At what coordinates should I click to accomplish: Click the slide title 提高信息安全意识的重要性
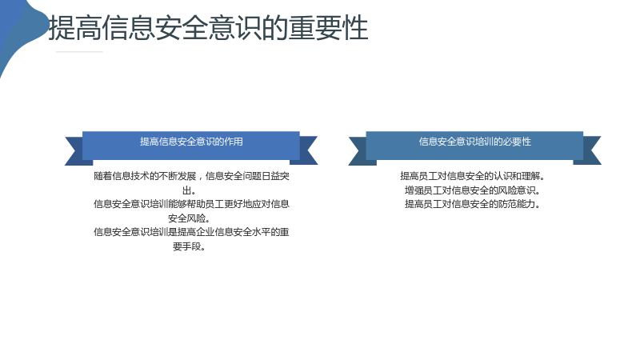coord(208,28)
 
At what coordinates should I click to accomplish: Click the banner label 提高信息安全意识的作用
coord(191,142)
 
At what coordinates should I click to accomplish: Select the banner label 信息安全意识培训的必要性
coord(474,142)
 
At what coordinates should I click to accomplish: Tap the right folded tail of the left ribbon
coord(306,151)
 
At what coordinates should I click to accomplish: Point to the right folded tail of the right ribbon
coord(590,151)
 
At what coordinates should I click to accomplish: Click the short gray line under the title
coord(79,52)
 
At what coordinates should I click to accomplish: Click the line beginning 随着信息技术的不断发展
coord(191,176)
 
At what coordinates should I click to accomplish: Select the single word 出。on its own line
coord(190,190)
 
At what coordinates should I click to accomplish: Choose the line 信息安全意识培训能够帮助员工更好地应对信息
coord(191,204)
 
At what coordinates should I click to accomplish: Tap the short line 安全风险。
coord(190,218)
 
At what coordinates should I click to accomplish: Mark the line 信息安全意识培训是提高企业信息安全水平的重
coord(191,232)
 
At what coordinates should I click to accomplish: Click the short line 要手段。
coord(190,246)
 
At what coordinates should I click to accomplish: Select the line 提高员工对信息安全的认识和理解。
coord(473,176)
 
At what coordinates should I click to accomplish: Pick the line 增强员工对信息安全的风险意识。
coord(473,190)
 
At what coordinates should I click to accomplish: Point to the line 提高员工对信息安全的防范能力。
coord(473,204)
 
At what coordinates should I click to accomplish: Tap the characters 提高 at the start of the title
coord(74,28)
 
